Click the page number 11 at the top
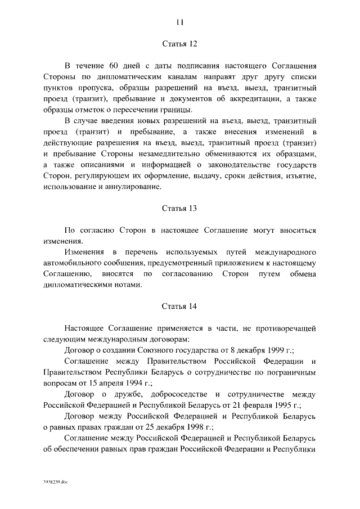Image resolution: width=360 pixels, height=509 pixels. click(179, 22)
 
